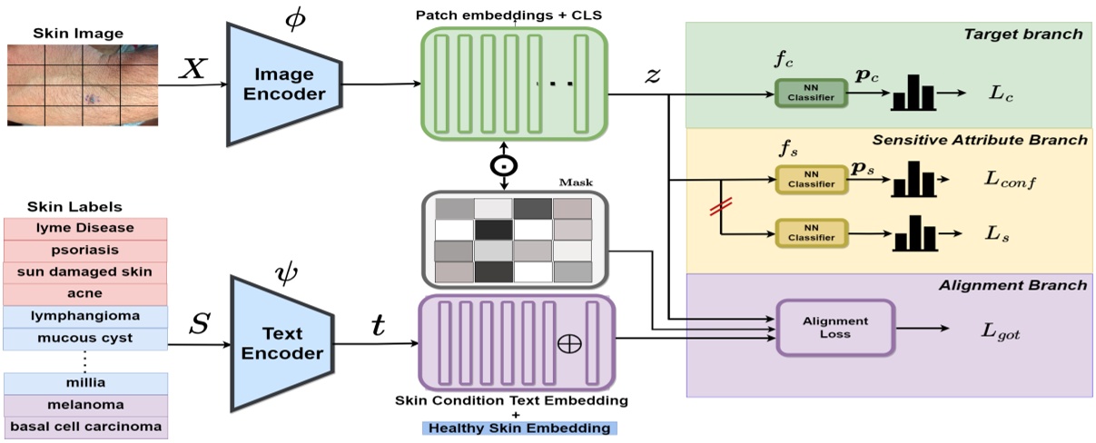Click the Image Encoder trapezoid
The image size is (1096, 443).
coord(284,84)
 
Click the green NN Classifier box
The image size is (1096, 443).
coord(810,93)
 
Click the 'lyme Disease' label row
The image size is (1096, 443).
coord(86,228)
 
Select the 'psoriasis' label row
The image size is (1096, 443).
coord(86,250)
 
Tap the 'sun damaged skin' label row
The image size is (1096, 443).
coord(86,271)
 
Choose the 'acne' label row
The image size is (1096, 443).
coord(86,293)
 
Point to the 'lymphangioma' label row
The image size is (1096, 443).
coord(86,316)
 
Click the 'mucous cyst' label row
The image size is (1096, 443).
coord(86,338)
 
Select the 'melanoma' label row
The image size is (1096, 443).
coord(86,405)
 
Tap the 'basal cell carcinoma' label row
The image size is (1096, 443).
coord(86,427)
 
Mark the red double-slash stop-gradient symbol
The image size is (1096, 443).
coord(721,208)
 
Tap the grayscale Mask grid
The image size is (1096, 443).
coord(513,240)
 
